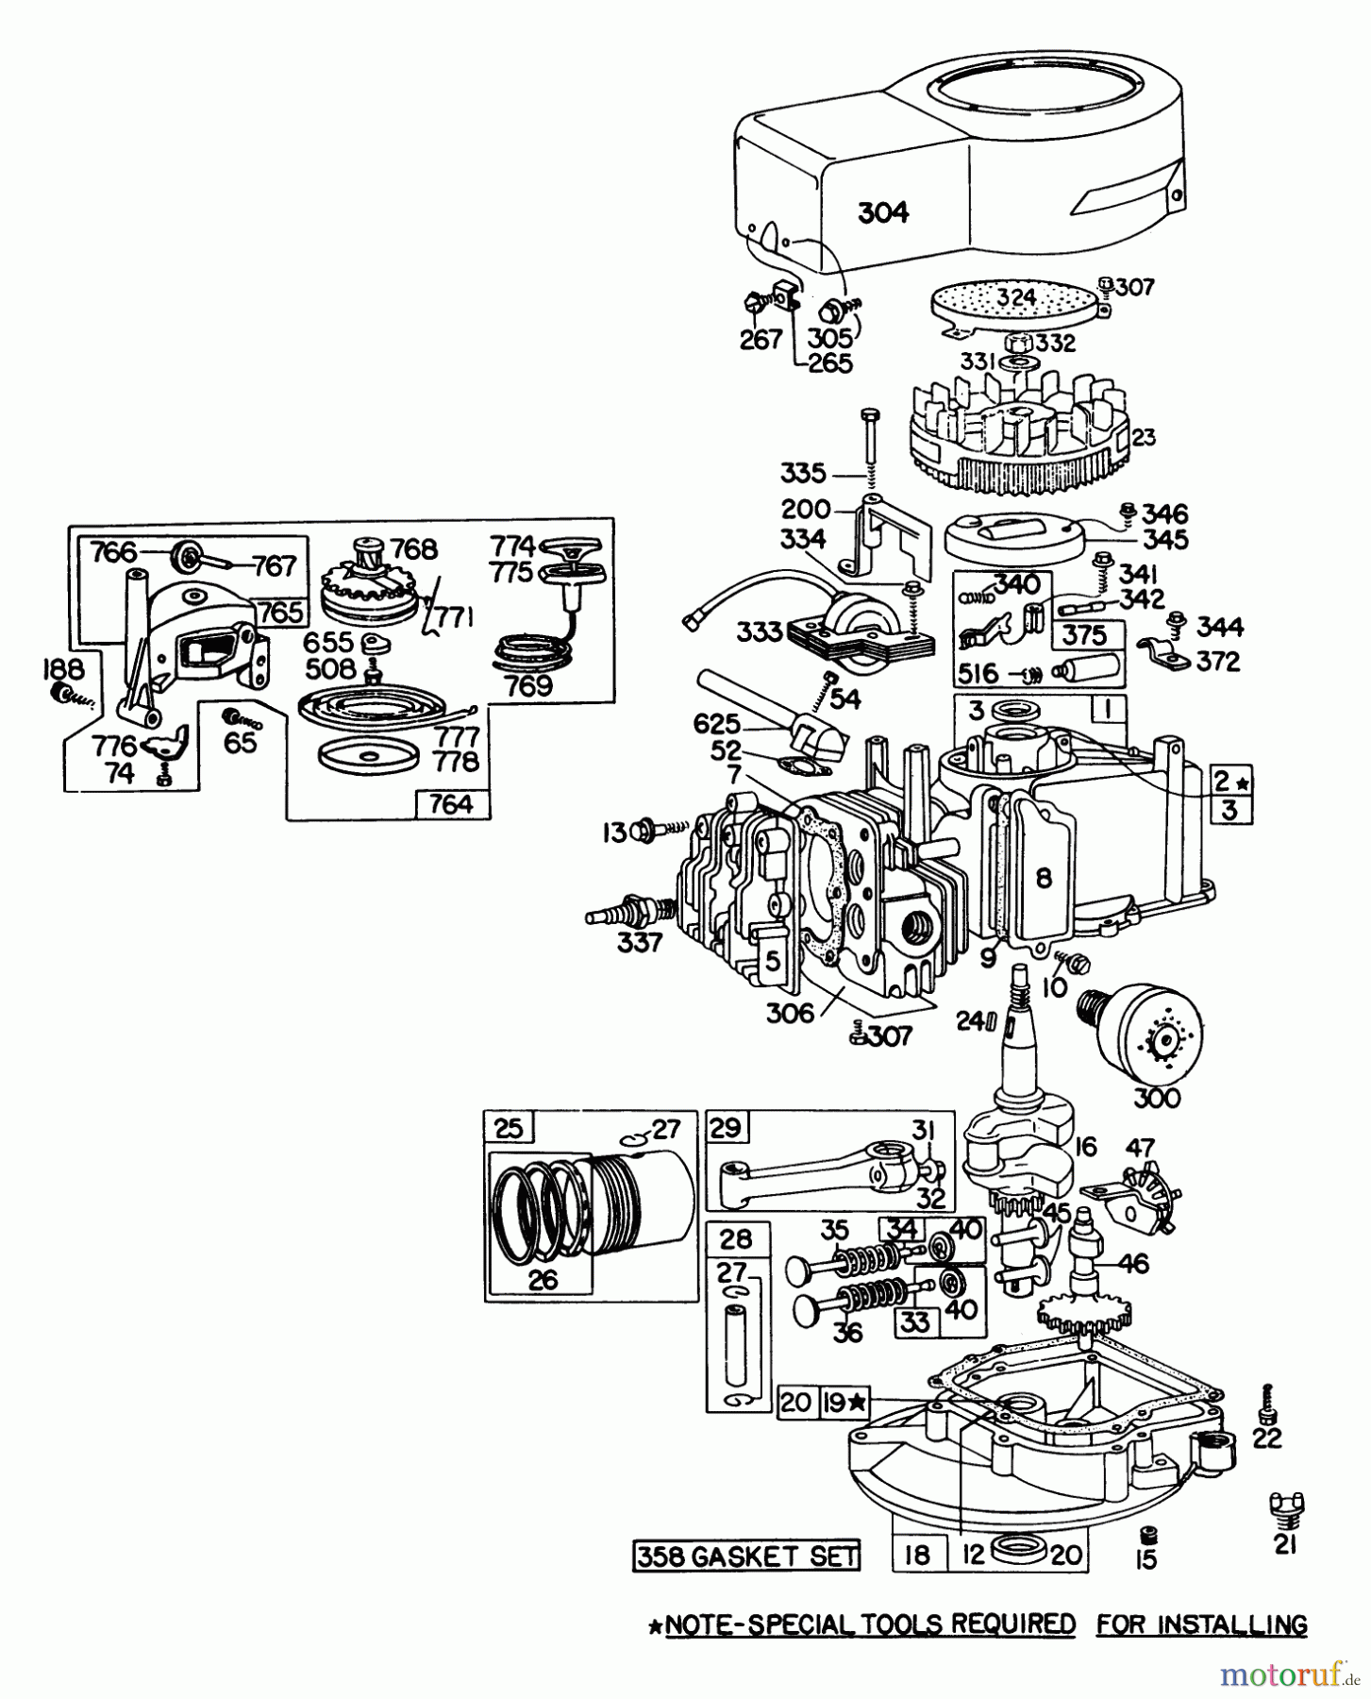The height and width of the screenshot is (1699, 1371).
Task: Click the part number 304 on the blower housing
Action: click(883, 212)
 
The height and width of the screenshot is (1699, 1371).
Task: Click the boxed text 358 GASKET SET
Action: click(746, 1556)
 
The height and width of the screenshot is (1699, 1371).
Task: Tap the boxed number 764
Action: click(451, 804)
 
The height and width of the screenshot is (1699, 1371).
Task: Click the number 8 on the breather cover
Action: click(1043, 879)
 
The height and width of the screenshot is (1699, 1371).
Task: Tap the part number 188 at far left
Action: click(62, 669)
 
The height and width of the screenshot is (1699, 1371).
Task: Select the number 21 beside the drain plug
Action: click(1285, 1543)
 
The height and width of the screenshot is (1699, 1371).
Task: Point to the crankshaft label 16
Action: click(1085, 1147)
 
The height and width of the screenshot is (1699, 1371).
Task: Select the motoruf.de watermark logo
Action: click(1289, 1674)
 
